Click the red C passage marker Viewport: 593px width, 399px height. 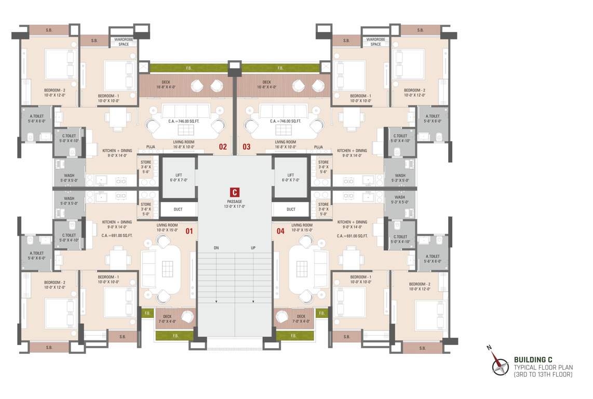235,192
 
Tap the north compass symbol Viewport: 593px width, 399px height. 501,365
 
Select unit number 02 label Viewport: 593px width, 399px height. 223,147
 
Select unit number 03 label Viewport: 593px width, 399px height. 246,147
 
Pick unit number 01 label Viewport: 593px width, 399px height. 189,232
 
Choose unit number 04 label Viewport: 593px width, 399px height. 280,232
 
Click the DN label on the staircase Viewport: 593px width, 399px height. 216,248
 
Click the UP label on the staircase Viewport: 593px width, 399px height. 253,248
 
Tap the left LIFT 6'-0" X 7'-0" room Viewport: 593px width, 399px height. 179,178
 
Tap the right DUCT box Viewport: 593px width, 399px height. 291,209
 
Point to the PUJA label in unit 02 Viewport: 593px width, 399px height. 151,147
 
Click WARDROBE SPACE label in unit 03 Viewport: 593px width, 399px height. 375,42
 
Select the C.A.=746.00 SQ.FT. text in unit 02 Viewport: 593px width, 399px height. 188,121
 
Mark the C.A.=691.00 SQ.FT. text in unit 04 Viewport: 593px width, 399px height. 353,236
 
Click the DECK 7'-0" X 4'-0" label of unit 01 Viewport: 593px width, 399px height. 167,318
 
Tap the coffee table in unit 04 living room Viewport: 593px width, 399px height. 302,269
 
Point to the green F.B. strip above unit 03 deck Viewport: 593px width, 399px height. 280,68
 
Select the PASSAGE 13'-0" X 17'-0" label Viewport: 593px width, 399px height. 235,204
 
